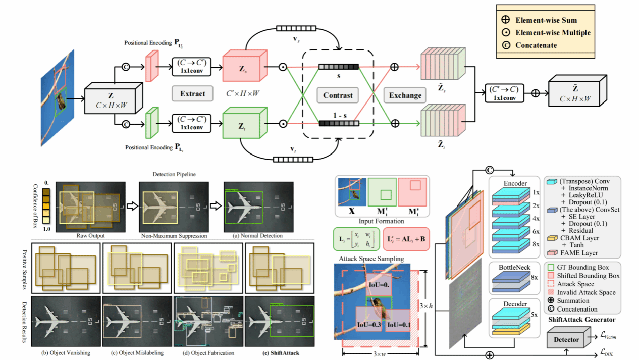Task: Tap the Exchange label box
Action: tap(405, 95)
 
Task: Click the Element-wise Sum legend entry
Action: tap(546, 21)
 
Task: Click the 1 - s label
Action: tap(339, 115)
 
